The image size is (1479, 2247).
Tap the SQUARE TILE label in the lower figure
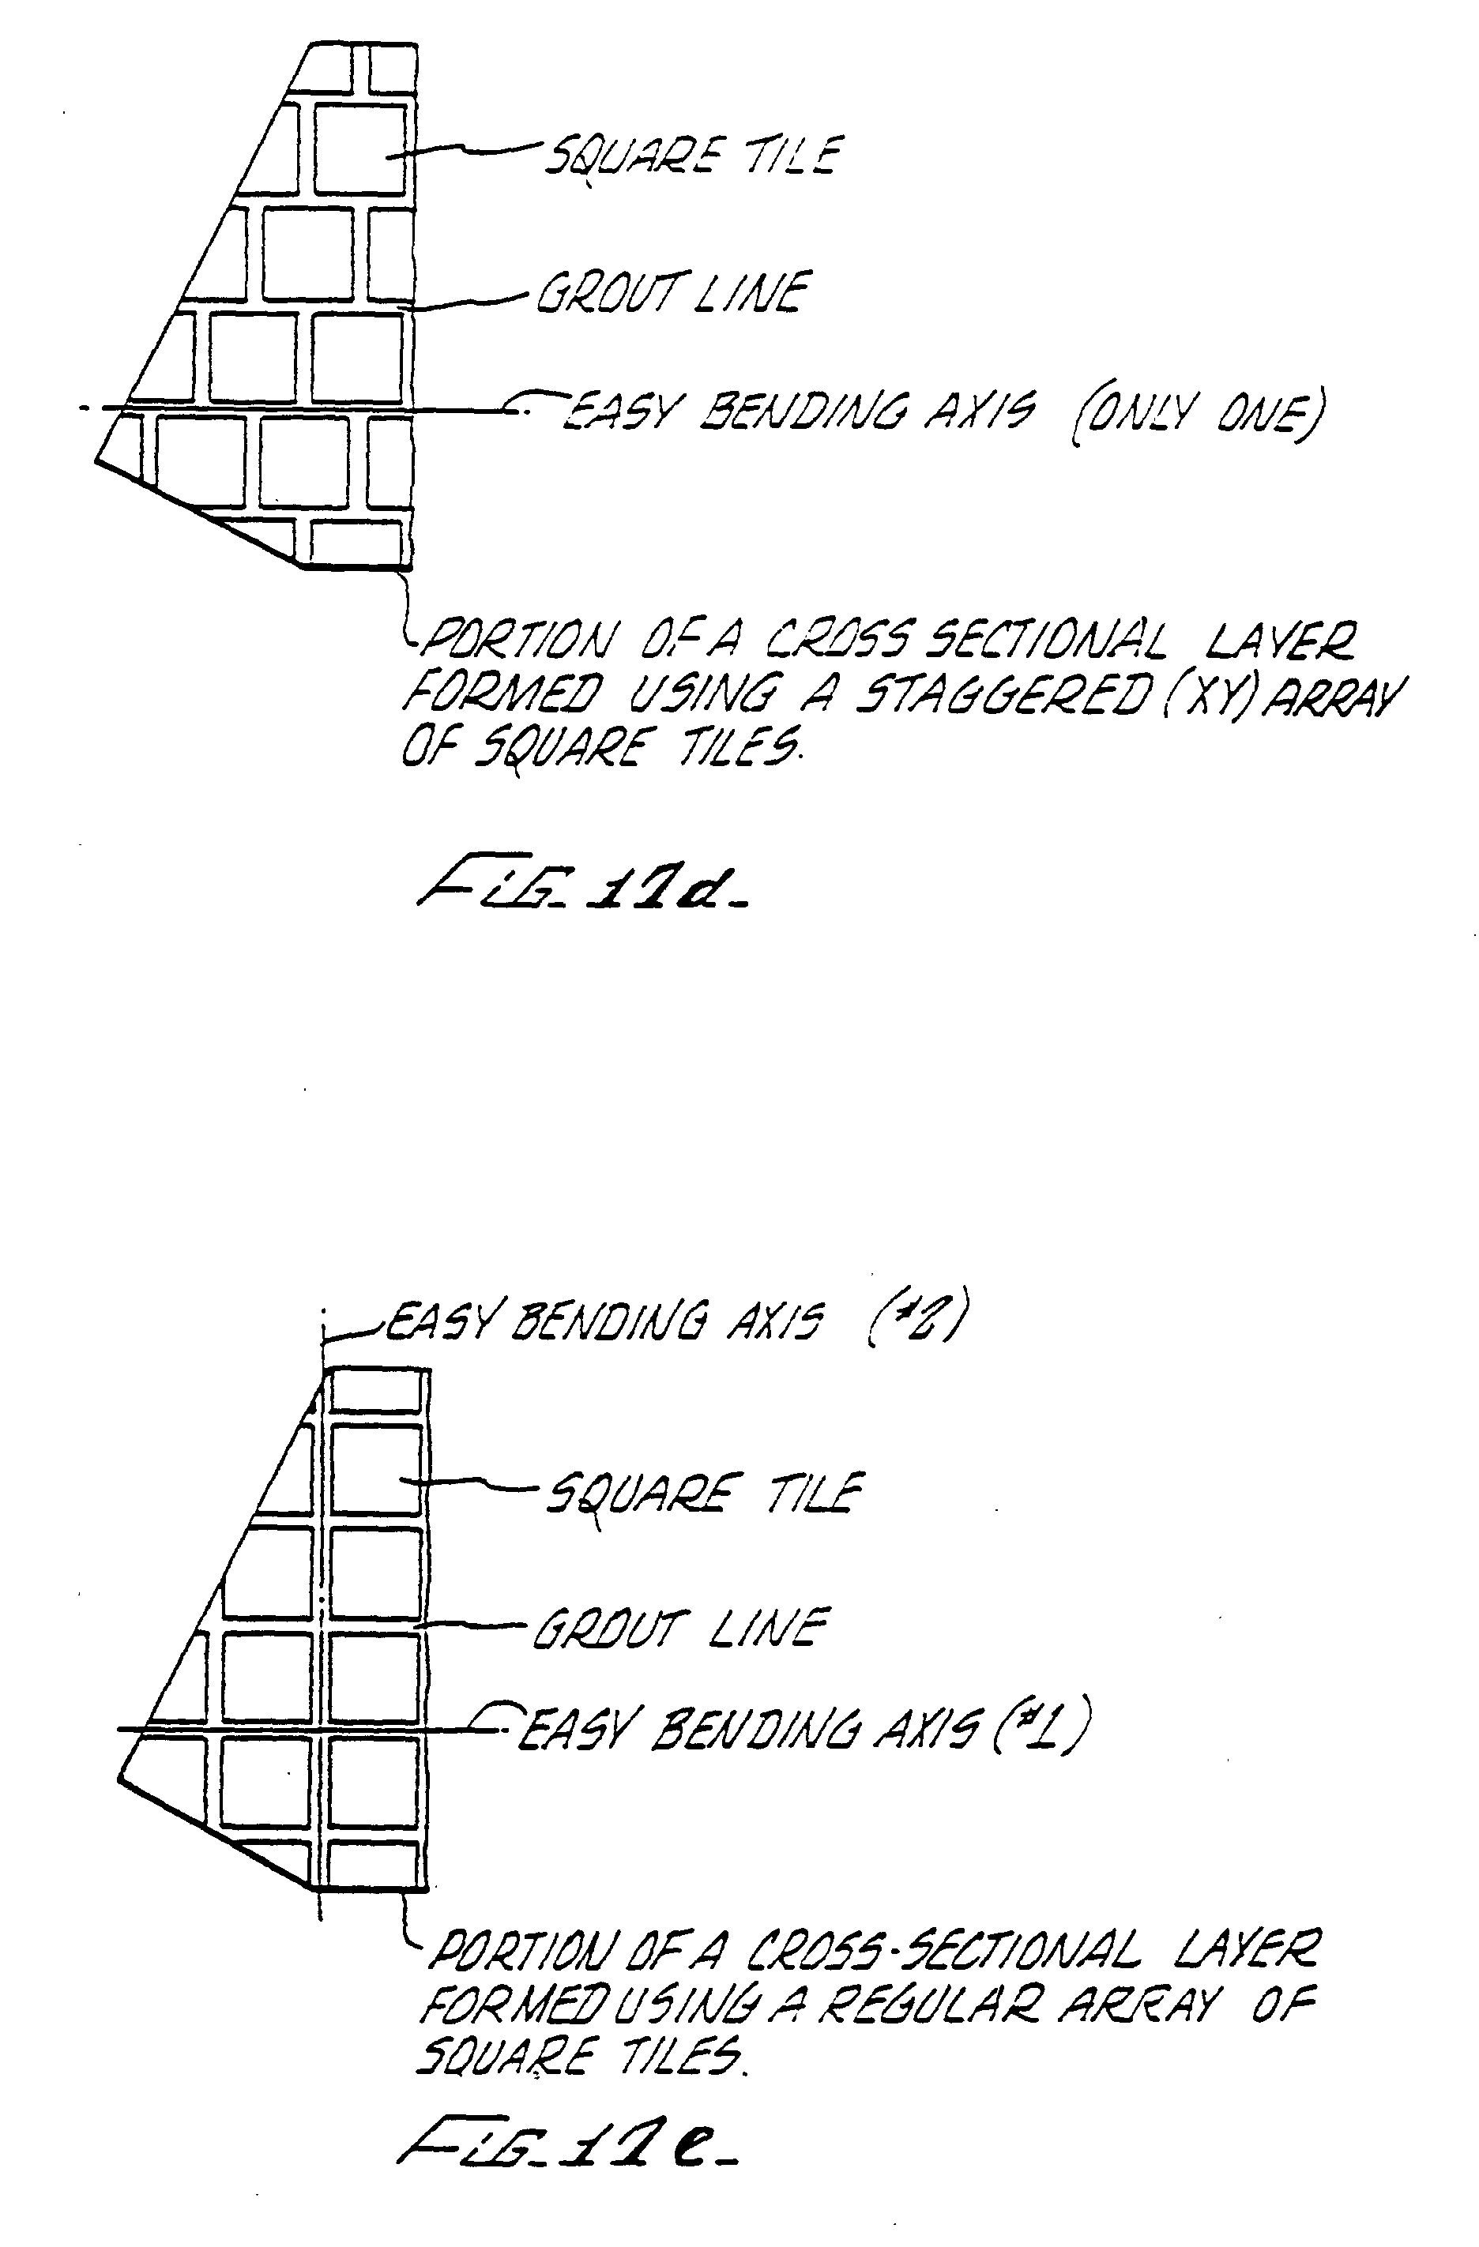pyautogui.click(x=704, y=1494)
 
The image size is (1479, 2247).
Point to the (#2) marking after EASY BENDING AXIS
pyautogui.click(x=914, y=1319)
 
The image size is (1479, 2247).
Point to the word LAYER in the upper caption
pyautogui.click(x=1279, y=640)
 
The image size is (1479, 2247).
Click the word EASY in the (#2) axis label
pyautogui.click(x=439, y=1321)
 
